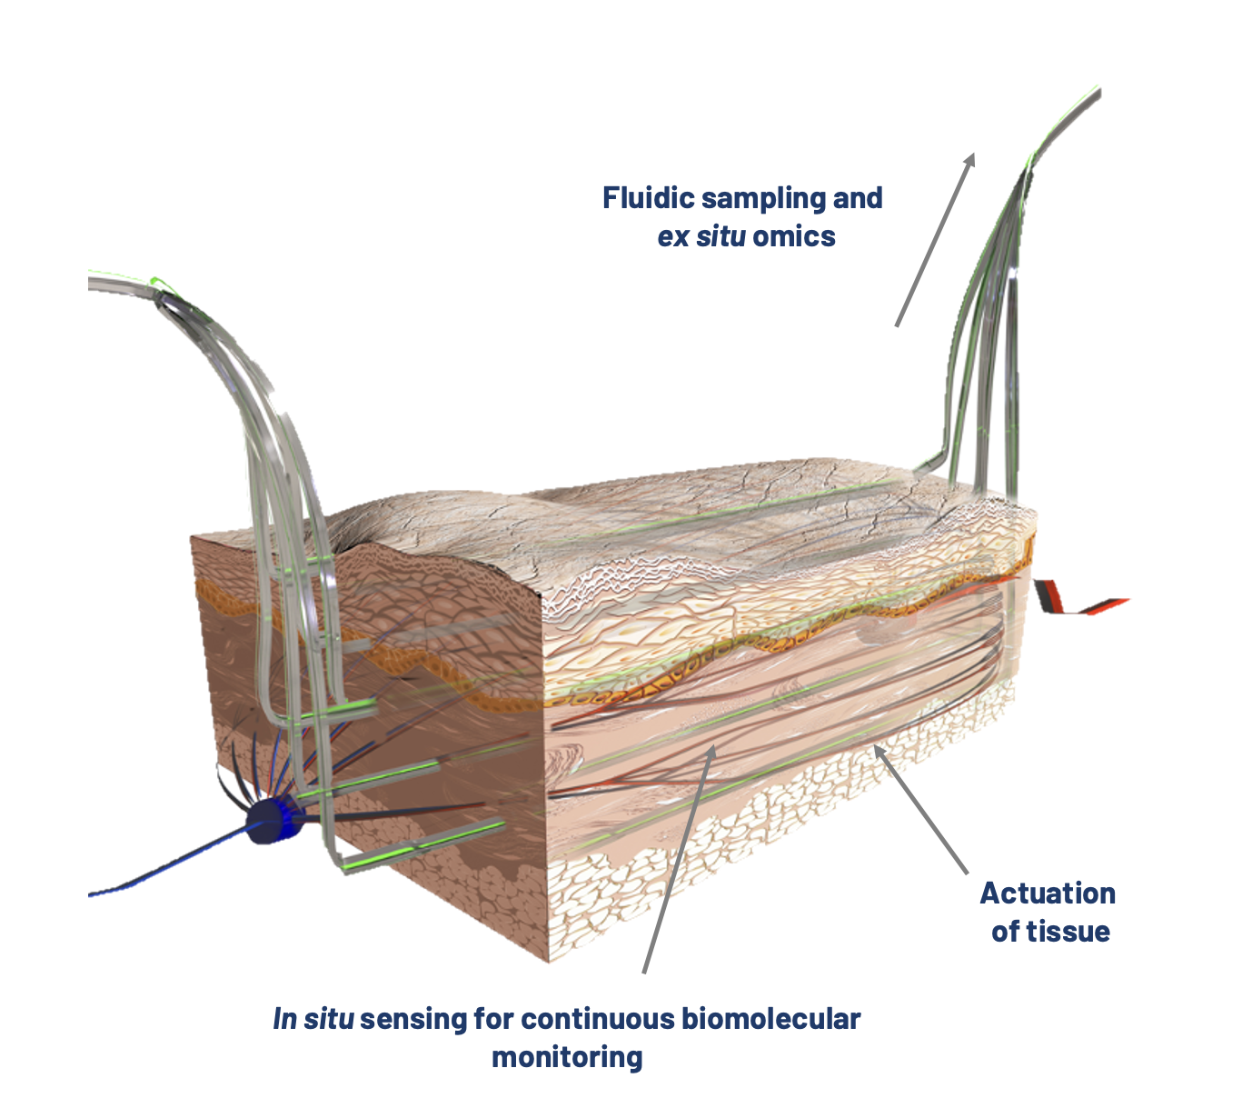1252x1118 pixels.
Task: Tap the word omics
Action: click(793, 236)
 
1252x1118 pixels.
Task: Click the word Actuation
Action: click(1048, 893)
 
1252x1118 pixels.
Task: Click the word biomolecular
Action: click(770, 1019)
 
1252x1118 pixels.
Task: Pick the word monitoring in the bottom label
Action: click(567, 1057)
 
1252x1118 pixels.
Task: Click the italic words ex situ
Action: click(702, 236)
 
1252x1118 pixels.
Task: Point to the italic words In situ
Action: click(313, 1019)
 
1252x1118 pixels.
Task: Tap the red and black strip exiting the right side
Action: click(1081, 603)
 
